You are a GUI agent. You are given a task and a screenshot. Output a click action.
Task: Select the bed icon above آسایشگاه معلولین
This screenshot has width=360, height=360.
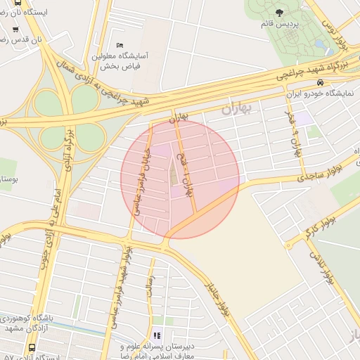(119, 46)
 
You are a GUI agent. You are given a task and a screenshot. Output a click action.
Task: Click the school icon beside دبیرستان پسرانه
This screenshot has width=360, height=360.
(157, 335)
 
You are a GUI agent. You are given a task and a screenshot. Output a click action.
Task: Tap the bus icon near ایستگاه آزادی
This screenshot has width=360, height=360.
(32, 347)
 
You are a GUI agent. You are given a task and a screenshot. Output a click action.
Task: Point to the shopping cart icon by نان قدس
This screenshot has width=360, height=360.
(15, 30)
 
